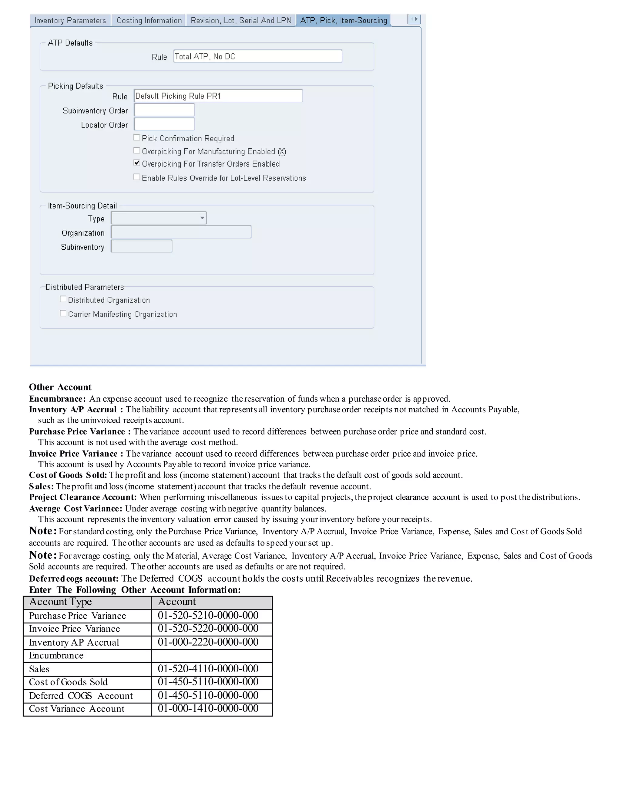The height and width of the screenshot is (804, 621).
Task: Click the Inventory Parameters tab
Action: point(70,21)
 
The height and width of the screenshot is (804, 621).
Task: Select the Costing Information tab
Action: point(149,21)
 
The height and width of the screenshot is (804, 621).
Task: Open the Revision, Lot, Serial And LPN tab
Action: point(241,21)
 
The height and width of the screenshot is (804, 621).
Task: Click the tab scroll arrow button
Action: point(414,19)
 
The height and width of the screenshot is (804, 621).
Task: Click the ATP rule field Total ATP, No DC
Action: point(257,56)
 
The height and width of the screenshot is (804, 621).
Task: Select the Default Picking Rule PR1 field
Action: point(218,96)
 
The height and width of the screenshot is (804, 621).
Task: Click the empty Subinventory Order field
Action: point(164,110)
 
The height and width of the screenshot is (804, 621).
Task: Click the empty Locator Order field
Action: point(164,124)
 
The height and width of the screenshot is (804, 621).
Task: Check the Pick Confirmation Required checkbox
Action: point(137,138)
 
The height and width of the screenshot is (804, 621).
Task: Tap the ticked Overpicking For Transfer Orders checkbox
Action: point(137,163)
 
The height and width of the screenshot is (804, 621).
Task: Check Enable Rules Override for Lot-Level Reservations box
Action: point(137,177)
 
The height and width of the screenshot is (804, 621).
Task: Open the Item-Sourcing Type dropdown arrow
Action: point(202,218)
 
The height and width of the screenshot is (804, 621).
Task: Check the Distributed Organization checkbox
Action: point(63,299)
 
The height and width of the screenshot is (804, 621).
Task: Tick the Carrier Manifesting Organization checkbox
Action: point(63,313)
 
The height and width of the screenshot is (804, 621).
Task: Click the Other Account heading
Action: point(60,387)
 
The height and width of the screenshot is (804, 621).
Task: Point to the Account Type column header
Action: point(61,602)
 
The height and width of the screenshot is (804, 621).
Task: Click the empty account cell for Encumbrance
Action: point(212,656)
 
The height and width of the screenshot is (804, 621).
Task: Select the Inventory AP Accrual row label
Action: point(74,642)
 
